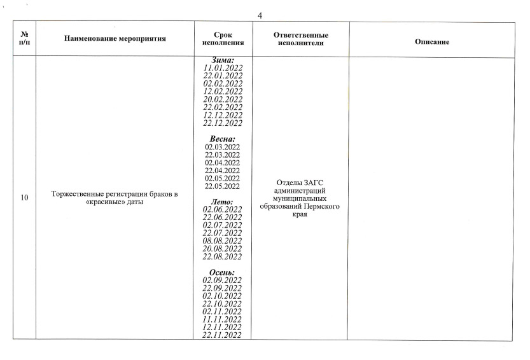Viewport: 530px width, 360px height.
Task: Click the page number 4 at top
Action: click(x=260, y=16)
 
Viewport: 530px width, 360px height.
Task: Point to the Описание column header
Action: click(x=432, y=42)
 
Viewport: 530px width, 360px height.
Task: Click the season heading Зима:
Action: click(x=223, y=59)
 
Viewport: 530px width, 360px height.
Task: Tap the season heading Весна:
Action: click(x=223, y=139)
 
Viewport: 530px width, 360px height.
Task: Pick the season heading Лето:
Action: click(x=223, y=202)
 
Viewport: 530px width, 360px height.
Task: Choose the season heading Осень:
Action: click(x=223, y=272)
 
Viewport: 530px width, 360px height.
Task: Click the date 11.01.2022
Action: click(x=223, y=67)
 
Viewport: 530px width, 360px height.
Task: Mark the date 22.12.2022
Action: click(x=223, y=123)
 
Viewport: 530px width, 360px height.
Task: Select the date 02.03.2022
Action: click(x=223, y=147)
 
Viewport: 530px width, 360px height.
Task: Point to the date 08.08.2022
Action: click(x=223, y=240)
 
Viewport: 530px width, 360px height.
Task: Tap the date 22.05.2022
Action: click(x=223, y=186)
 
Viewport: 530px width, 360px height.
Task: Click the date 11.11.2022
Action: click(x=223, y=319)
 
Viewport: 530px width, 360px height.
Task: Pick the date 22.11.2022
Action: click(x=223, y=335)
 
